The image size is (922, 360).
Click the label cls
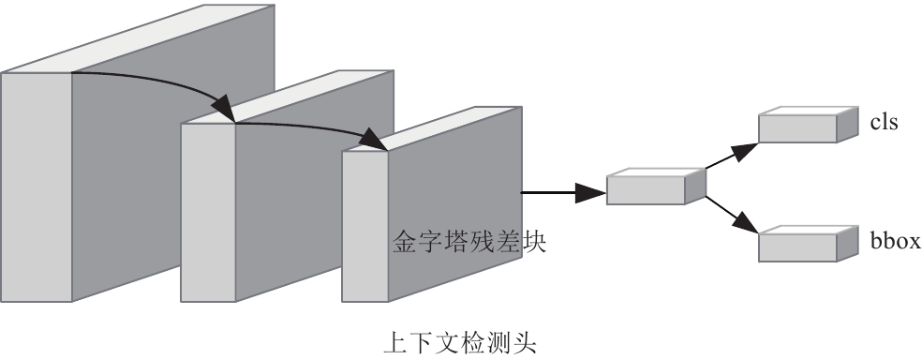pos(884,123)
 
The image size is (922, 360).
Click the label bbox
pos(896,241)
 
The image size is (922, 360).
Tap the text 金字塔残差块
pos(469,242)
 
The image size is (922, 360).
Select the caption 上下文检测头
pos(460,343)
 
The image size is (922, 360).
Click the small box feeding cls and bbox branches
pos(656,187)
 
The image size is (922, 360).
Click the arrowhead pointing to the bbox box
pos(747,223)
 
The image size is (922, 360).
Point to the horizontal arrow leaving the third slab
pos(563,192)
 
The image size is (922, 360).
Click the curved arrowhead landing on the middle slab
pos(223,108)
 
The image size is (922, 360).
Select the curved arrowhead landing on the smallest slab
pos(375,140)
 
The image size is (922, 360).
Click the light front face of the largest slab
pos(36,187)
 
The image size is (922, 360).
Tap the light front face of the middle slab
pos(208,213)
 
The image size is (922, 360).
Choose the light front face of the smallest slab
pos(364,227)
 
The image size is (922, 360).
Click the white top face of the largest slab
pos(138,38)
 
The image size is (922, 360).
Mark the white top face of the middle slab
pos(288,97)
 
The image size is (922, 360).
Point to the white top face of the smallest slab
pos(432,129)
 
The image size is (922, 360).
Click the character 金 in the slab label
pos(405,242)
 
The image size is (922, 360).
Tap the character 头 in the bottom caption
pos(525,343)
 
